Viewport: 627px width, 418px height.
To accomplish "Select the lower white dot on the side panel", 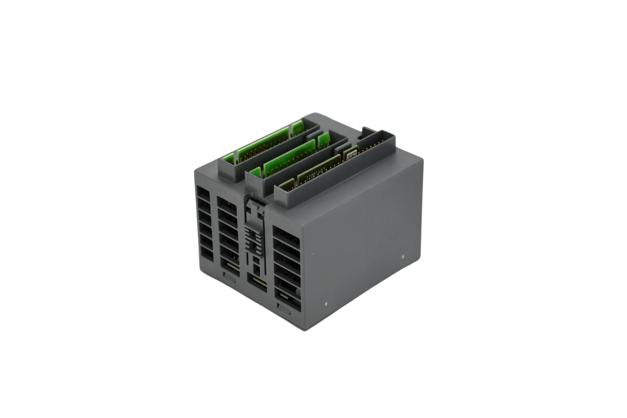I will (326, 304).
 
